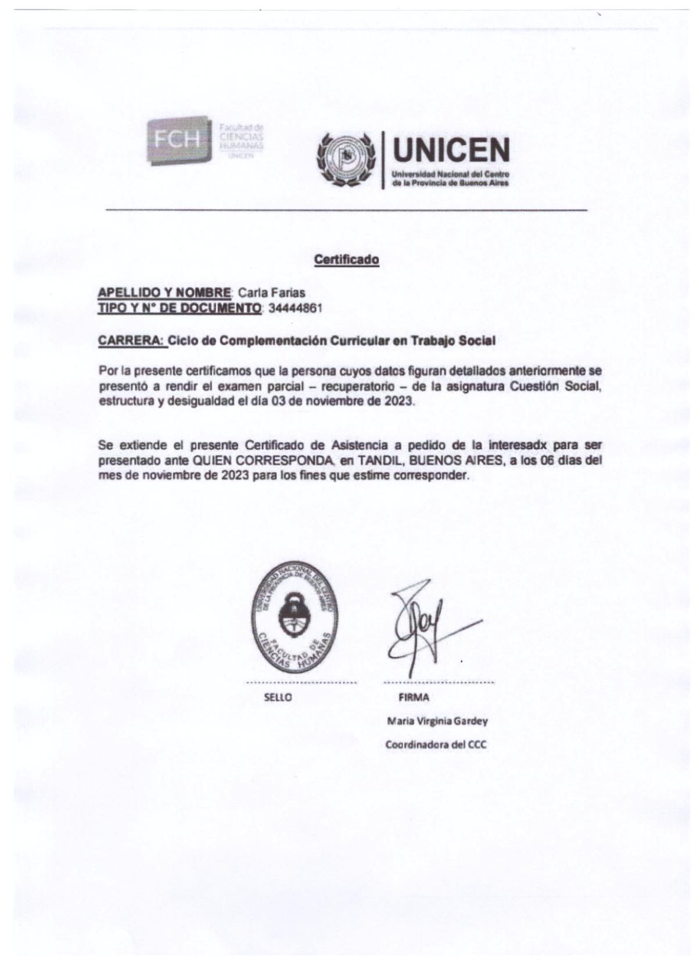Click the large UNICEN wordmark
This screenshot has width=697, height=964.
451,150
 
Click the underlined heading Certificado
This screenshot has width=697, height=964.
346,259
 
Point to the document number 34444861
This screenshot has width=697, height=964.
295,308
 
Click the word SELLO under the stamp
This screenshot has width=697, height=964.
278,698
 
